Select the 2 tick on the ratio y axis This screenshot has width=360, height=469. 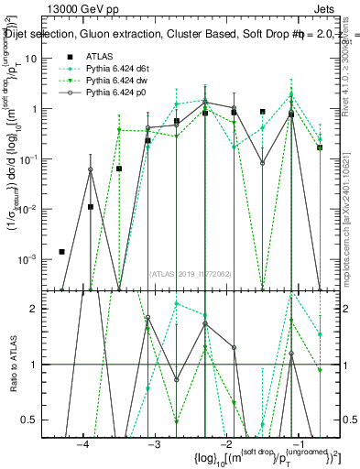tap(47, 310)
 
